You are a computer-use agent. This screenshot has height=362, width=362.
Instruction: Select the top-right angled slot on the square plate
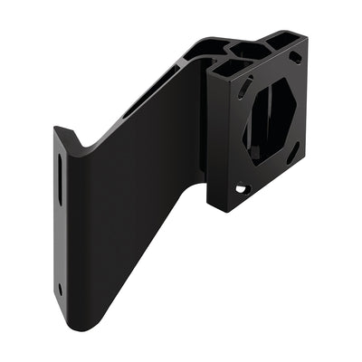coord(295,57)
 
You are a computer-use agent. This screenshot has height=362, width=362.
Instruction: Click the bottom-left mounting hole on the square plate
coord(241,189)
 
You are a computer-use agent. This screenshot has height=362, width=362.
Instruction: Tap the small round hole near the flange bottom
coord(61,290)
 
